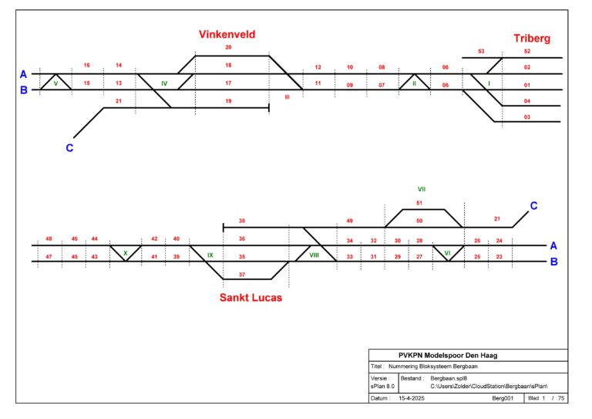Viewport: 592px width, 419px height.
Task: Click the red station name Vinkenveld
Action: coord(227,35)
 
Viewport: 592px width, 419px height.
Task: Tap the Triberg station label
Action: coord(532,39)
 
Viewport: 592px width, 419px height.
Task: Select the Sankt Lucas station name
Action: coord(251,298)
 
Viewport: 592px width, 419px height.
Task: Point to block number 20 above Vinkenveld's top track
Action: coord(228,47)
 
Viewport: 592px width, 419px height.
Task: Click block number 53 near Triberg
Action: coord(481,51)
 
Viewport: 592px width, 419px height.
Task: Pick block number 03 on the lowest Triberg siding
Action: coord(527,117)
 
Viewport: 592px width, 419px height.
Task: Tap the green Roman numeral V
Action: coord(55,83)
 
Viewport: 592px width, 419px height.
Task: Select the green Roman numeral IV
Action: coord(164,83)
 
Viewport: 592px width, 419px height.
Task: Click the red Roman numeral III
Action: coord(288,97)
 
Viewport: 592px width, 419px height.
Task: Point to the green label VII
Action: coord(422,189)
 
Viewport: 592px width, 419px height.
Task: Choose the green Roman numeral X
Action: coord(126,253)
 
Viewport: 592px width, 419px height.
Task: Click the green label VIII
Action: coord(314,255)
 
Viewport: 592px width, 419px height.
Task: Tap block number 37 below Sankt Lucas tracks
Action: coord(242,275)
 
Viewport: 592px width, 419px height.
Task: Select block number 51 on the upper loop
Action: coord(419,203)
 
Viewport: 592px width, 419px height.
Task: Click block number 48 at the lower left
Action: coord(49,238)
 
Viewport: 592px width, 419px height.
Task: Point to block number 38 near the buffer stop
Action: coord(242,221)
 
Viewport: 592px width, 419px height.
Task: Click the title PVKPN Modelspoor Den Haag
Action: coord(448,356)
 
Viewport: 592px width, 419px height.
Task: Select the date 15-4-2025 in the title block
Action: coord(412,398)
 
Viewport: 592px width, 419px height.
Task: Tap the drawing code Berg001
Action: coord(503,398)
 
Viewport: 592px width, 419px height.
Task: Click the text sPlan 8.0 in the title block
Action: coord(382,386)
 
